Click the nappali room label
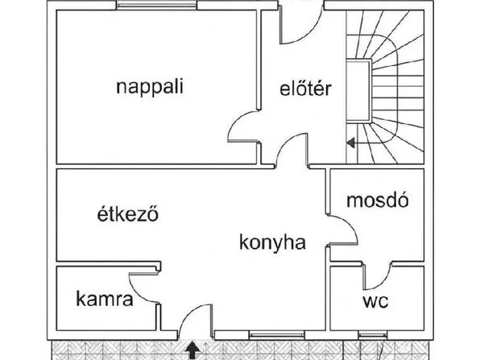(x=150, y=88)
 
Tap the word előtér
(x=305, y=89)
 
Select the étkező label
(x=128, y=213)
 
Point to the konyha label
(x=272, y=242)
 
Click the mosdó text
(x=378, y=201)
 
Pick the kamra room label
(x=105, y=299)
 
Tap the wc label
(x=375, y=301)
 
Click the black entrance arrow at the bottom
(x=192, y=350)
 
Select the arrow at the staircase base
(x=351, y=143)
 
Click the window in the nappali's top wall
(x=156, y=5)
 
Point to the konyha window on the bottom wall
(x=277, y=336)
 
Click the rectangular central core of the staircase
(x=358, y=91)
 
